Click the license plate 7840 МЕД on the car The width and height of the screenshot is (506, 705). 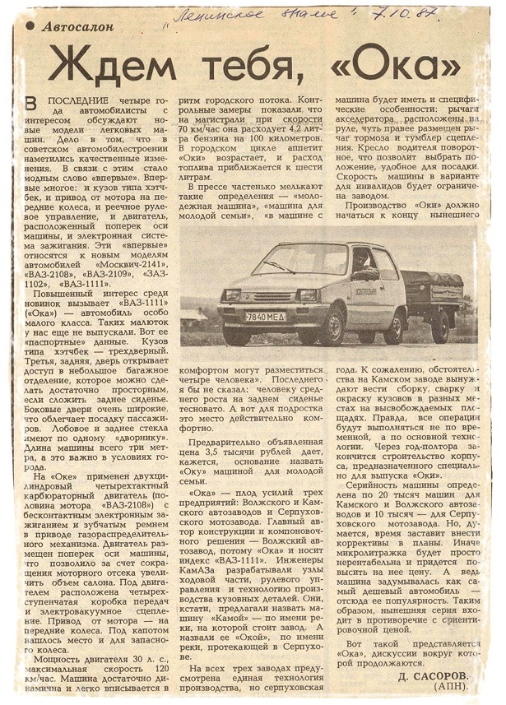click(x=264, y=317)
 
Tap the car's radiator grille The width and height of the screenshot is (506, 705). click(x=265, y=297)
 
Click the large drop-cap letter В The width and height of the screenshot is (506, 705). click(x=32, y=104)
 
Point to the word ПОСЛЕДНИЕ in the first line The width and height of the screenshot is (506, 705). click(x=77, y=100)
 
